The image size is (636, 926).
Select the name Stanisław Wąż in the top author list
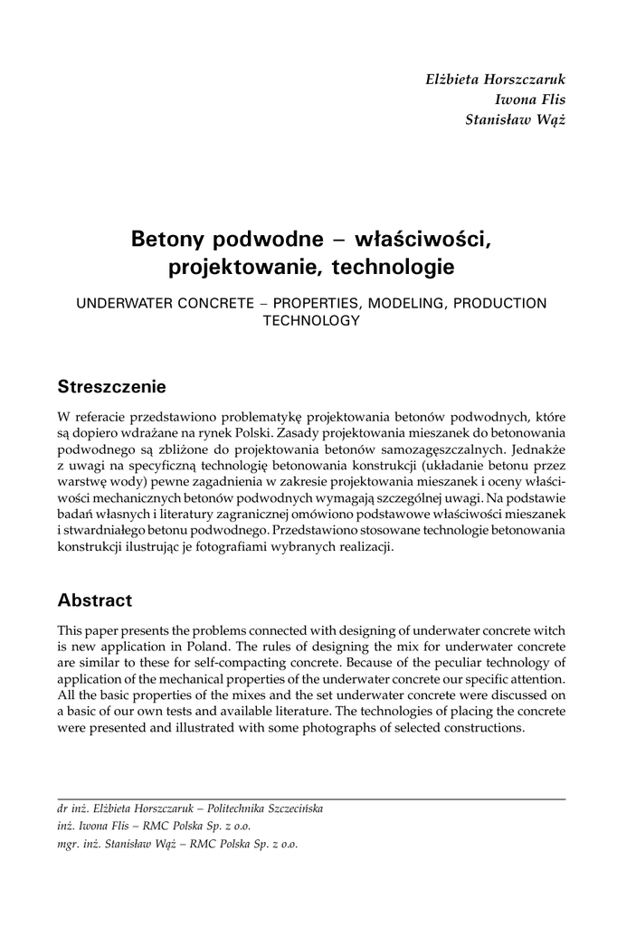[513, 122]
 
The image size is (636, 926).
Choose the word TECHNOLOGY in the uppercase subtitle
[311, 320]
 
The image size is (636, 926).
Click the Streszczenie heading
[111, 387]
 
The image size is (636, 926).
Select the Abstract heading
[94, 600]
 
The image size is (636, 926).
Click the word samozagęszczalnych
[442, 447]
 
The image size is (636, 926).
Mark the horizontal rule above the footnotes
[311, 798]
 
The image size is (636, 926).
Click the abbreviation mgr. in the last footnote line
[69, 845]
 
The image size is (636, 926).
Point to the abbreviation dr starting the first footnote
[62, 808]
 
